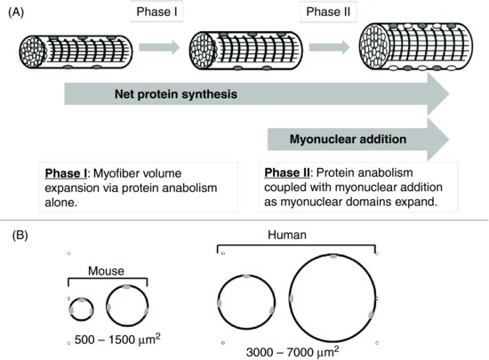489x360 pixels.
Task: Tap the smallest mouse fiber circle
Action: tap(81, 308)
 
